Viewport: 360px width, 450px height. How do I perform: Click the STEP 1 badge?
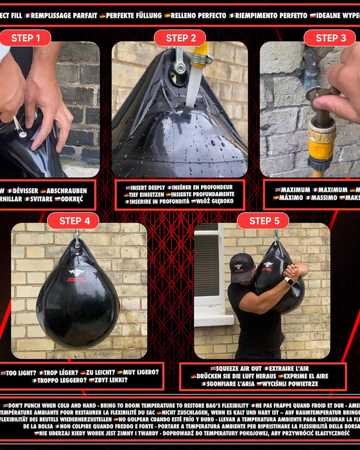[x=25, y=38]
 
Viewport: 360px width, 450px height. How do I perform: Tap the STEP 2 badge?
[x=180, y=38]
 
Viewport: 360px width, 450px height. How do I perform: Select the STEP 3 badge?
[x=329, y=38]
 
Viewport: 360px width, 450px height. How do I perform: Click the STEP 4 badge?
[x=73, y=221]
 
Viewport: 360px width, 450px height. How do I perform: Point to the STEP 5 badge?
[x=262, y=221]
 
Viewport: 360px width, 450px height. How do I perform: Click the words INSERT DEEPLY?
[x=146, y=187]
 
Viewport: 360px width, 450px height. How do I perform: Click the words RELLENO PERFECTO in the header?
[x=195, y=16]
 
